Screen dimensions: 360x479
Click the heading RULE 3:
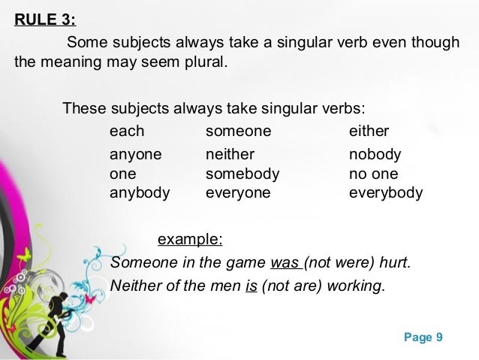[x=45, y=19]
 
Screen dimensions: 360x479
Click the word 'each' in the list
[x=127, y=132]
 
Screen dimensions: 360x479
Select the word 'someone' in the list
[x=238, y=132]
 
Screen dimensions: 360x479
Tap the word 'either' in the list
[x=369, y=132]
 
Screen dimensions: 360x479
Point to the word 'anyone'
[x=136, y=156]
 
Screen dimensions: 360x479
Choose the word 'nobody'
[x=375, y=156]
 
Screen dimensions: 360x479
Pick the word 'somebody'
[x=243, y=174]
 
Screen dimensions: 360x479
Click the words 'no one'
[x=374, y=174]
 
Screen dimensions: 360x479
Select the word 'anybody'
[x=140, y=192]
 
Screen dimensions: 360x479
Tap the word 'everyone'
[x=238, y=192]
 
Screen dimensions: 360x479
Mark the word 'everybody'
[x=386, y=192]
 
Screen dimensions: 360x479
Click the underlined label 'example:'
[x=190, y=240]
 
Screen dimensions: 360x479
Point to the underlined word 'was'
[x=285, y=264]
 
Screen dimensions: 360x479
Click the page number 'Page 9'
[x=423, y=337]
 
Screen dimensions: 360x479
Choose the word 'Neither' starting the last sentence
[x=136, y=286]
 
